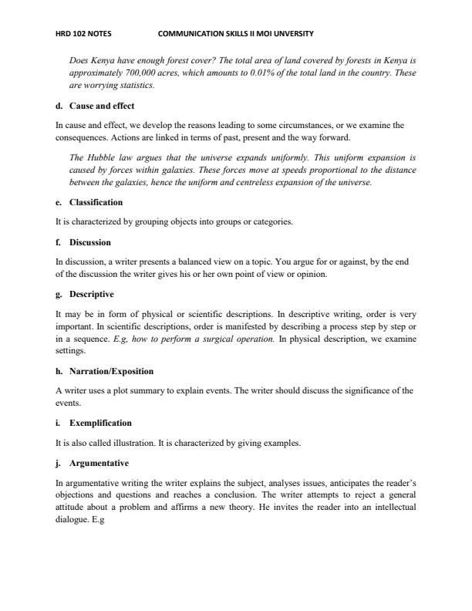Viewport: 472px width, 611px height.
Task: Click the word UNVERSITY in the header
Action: click(x=294, y=34)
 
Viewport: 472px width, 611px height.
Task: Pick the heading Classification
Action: click(x=96, y=202)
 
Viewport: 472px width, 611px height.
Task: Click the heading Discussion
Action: click(x=90, y=241)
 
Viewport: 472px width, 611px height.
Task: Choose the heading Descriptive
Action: click(x=92, y=294)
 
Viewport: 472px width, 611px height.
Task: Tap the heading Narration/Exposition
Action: click(x=111, y=371)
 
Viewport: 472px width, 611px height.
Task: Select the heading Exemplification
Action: click(x=100, y=423)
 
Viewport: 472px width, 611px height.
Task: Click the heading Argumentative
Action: click(x=99, y=463)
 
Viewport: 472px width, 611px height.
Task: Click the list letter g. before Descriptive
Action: click(x=59, y=294)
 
